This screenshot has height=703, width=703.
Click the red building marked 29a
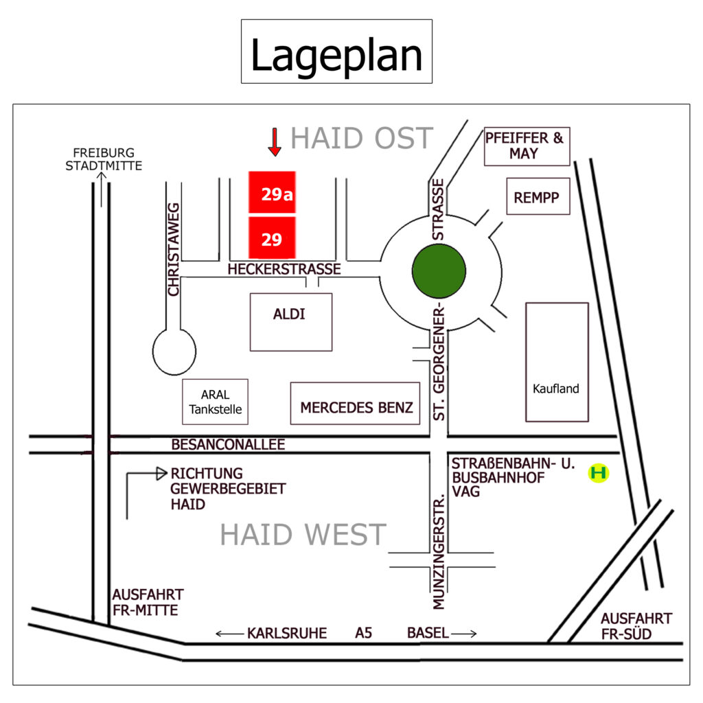[x=272, y=192]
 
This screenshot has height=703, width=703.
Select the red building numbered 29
[x=272, y=238]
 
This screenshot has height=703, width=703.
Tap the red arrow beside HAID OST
[x=275, y=142]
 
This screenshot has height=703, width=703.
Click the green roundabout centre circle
[x=439, y=270]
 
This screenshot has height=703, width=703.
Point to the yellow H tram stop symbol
[x=599, y=472]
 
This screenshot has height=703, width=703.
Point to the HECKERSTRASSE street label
[x=284, y=269]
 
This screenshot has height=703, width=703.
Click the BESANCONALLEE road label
[x=228, y=444]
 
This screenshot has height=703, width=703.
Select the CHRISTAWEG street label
[x=173, y=249]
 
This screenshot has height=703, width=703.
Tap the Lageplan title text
[x=336, y=56]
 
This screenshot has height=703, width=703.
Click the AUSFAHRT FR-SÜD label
[x=636, y=626]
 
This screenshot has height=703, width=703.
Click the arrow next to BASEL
[x=464, y=634]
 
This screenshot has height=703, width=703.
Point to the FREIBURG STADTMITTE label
[x=104, y=159]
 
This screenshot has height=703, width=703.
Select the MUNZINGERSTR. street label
[x=439, y=552]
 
